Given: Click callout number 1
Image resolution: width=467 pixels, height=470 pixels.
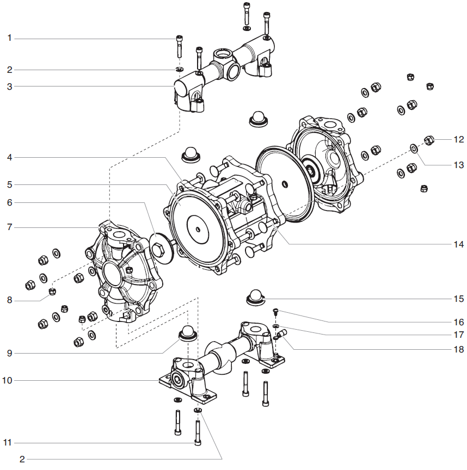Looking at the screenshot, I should pos(9,38).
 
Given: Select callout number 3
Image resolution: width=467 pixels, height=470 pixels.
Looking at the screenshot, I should pos(9,86).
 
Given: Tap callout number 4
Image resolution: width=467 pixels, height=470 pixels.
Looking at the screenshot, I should pos(9,157).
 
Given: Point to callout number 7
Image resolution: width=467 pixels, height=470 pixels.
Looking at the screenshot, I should pos(9,227).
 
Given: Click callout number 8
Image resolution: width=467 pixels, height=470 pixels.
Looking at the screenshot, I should pos(9,300).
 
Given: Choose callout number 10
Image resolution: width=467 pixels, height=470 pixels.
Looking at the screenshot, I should pos(7,380).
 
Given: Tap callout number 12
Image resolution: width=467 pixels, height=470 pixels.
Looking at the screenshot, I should pos(458,139).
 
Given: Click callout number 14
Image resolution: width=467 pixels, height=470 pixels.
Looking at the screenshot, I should pos(458,244).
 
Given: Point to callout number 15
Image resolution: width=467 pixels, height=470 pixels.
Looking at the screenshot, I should pos(458,299).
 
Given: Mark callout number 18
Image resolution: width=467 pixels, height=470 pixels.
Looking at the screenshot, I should pos(458,349).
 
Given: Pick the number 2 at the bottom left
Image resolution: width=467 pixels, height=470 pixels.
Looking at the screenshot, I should pos(22,460).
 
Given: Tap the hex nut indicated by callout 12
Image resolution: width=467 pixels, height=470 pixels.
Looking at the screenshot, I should pos(429,140).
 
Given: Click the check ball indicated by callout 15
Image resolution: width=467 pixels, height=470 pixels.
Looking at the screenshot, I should pos(254,296).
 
